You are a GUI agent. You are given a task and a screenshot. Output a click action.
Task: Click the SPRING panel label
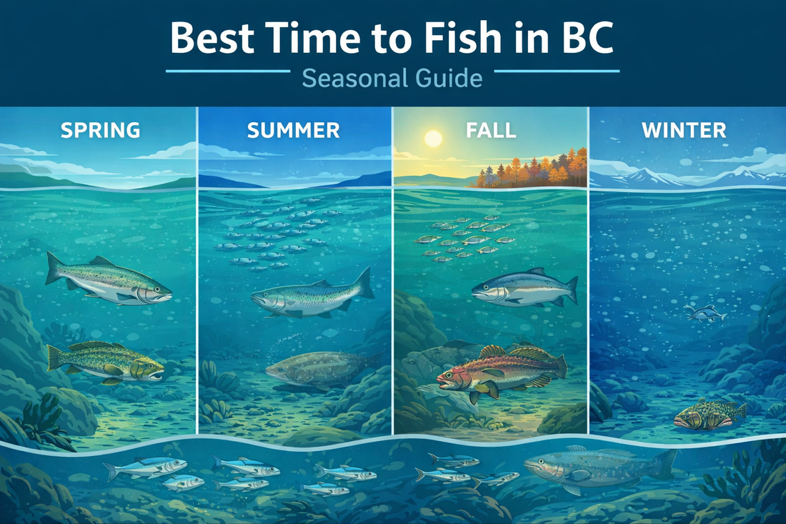click(x=100, y=131)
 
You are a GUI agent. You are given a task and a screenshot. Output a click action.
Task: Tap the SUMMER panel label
click(x=293, y=131)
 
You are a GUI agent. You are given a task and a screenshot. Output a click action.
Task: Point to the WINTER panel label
click(x=683, y=131)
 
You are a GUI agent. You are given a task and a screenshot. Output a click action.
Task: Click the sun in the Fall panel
click(x=434, y=139)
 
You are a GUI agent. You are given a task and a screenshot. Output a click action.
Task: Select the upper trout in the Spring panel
click(x=107, y=279)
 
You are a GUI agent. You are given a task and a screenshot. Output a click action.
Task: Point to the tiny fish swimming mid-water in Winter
click(x=705, y=313)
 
